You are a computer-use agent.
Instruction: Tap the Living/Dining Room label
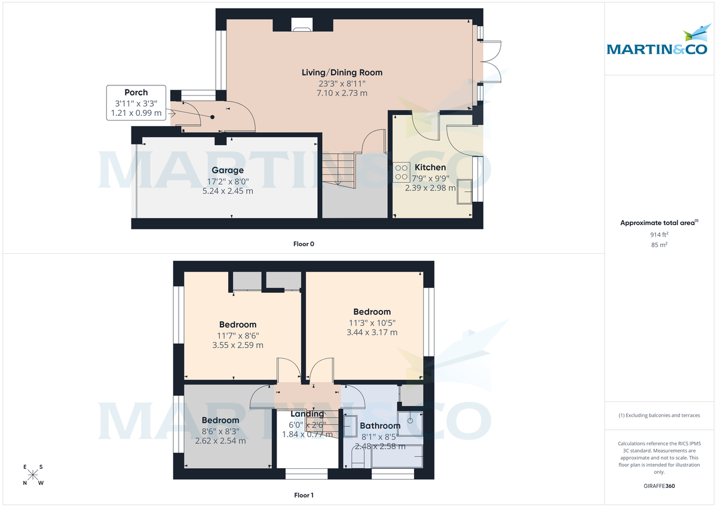(x=342, y=73)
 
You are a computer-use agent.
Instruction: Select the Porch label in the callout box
(x=136, y=93)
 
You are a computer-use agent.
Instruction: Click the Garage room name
(x=227, y=170)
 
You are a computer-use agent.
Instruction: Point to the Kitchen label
(x=430, y=168)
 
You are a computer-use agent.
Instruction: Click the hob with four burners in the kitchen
(x=401, y=172)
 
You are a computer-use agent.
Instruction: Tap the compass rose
(x=33, y=475)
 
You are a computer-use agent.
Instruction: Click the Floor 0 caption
(x=304, y=244)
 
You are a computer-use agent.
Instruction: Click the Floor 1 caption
(x=304, y=495)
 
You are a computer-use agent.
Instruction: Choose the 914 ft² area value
(x=659, y=235)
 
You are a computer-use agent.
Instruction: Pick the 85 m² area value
(x=659, y=245)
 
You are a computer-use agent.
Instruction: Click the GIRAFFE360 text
(x=659, y=486)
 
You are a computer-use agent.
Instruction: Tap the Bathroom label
(x=380, y=426)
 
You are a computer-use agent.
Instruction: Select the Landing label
(x=307, y=414)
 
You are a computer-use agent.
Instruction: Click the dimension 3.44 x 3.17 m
(x=372, y=333)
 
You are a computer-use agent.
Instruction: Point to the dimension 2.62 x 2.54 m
(x=220, y=441)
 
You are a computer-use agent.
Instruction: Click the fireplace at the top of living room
(x=301, y=25)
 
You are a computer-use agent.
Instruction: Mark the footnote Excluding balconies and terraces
(x=659, y=415)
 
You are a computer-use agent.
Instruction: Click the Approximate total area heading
(x=658, y=223)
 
